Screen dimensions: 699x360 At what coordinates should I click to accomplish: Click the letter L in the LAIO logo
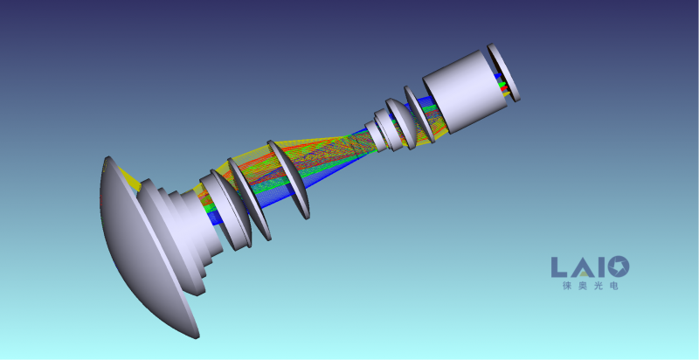point(558,267)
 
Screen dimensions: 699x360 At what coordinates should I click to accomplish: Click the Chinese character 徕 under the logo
point(567,286)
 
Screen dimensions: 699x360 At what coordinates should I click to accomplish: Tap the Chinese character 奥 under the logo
point(583,286)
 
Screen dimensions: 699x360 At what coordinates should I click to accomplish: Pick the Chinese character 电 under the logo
point(614,286)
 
